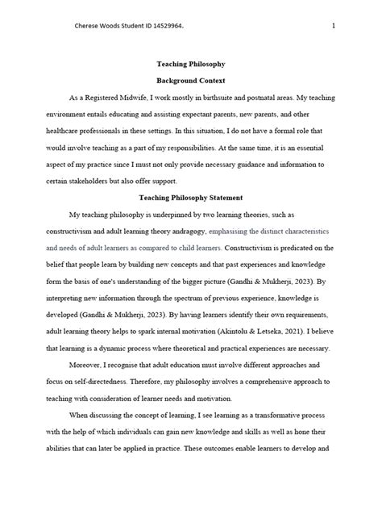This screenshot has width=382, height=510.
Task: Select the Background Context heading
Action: [190, 82]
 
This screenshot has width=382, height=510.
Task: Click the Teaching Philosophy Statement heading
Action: [190, 197]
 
